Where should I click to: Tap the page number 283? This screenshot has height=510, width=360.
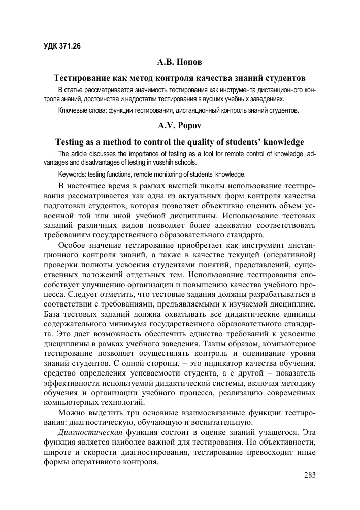310,475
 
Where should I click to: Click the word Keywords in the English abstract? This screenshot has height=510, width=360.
73,174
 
